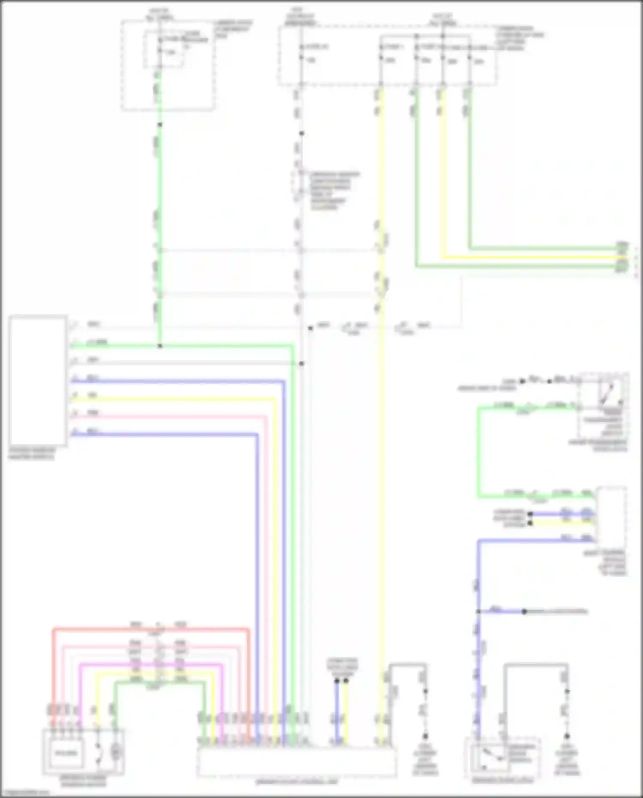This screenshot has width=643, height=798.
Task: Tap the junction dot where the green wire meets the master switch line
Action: coord(160,346)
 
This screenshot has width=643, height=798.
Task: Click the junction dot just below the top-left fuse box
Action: coord(160,125)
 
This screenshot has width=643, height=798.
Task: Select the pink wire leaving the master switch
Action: coord(171,416)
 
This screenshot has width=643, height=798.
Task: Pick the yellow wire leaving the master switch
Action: coord(171,398)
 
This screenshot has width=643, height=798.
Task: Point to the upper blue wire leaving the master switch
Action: coord(171,380)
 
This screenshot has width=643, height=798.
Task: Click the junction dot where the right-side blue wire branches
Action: coord(478,611)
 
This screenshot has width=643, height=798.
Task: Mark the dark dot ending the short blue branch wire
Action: coord(524,611)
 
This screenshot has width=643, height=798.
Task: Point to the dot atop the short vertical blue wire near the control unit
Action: coord(337,681)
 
